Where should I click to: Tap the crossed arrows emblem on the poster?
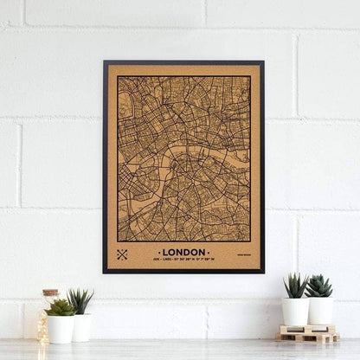tap(121, 254)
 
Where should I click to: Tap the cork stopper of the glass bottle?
tap(50, 293)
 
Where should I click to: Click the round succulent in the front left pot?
tap(60, 307)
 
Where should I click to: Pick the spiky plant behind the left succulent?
tap(80, 301)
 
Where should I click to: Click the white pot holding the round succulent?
tap(60, 328)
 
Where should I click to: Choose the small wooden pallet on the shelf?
tap(308, 333)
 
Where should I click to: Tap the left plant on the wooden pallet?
tap(296, 286)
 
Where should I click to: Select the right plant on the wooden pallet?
tap(319, 286)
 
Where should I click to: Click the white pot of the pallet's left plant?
tap(296, 312)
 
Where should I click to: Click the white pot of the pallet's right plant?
tap(320, 312)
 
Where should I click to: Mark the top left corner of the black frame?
tap(104, 61)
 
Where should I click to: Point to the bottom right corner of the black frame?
tap(263, 272)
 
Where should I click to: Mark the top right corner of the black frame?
tap(263, 61)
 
